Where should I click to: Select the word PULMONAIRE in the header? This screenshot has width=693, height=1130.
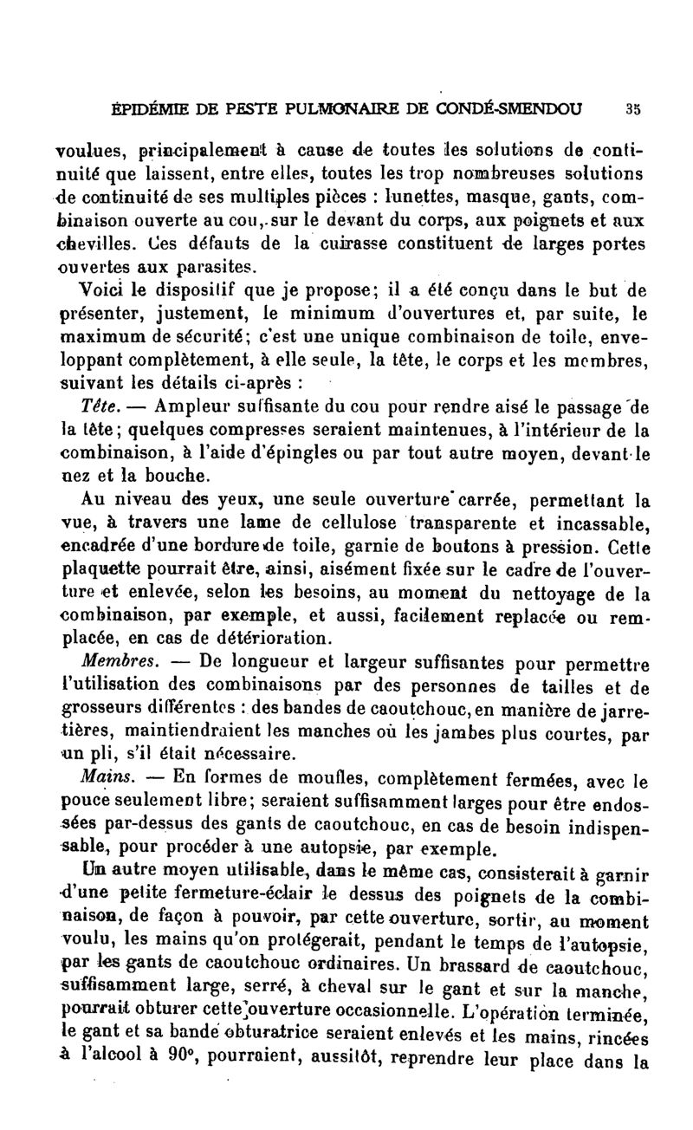[366, 110]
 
